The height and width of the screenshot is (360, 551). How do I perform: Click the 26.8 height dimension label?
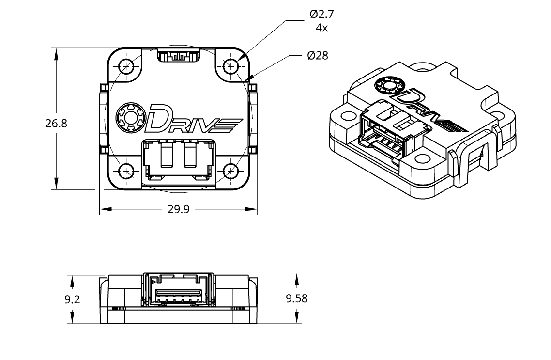pos(56,123)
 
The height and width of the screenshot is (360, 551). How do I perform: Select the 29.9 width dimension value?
pos(178,210)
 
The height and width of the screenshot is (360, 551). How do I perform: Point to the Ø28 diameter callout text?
pos(318,56)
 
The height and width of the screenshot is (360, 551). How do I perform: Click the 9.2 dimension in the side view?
pos(72,299)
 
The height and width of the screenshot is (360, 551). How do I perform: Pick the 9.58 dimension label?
pos(297,298)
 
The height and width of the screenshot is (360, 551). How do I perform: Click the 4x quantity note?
pos(321,28)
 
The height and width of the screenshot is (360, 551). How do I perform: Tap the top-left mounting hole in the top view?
pos(127,65)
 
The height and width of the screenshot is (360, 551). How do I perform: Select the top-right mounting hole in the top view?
pos(231,65)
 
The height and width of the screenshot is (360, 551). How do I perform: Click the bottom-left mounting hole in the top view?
pos(127,171)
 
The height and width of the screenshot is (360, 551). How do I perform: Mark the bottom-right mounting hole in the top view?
pos(231,170)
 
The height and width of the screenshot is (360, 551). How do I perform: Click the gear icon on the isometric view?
pos(389,86)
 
